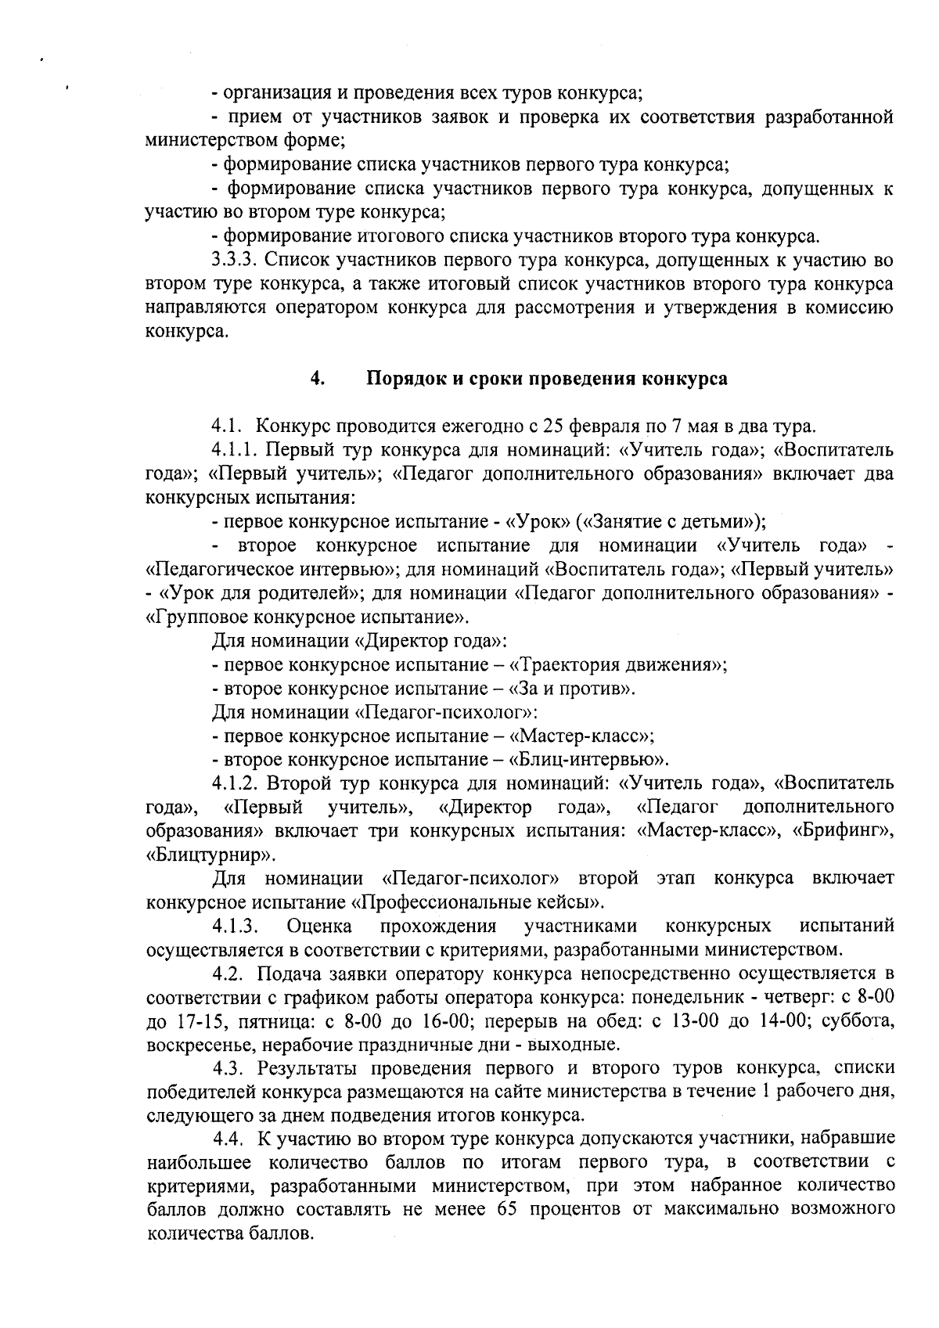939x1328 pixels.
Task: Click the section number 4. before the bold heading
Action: tap(317, 379)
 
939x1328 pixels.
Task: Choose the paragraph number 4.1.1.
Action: tap(236, 451)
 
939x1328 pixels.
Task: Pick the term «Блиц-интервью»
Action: tap(588, 760)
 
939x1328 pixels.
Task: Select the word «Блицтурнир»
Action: tap(210, 855)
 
